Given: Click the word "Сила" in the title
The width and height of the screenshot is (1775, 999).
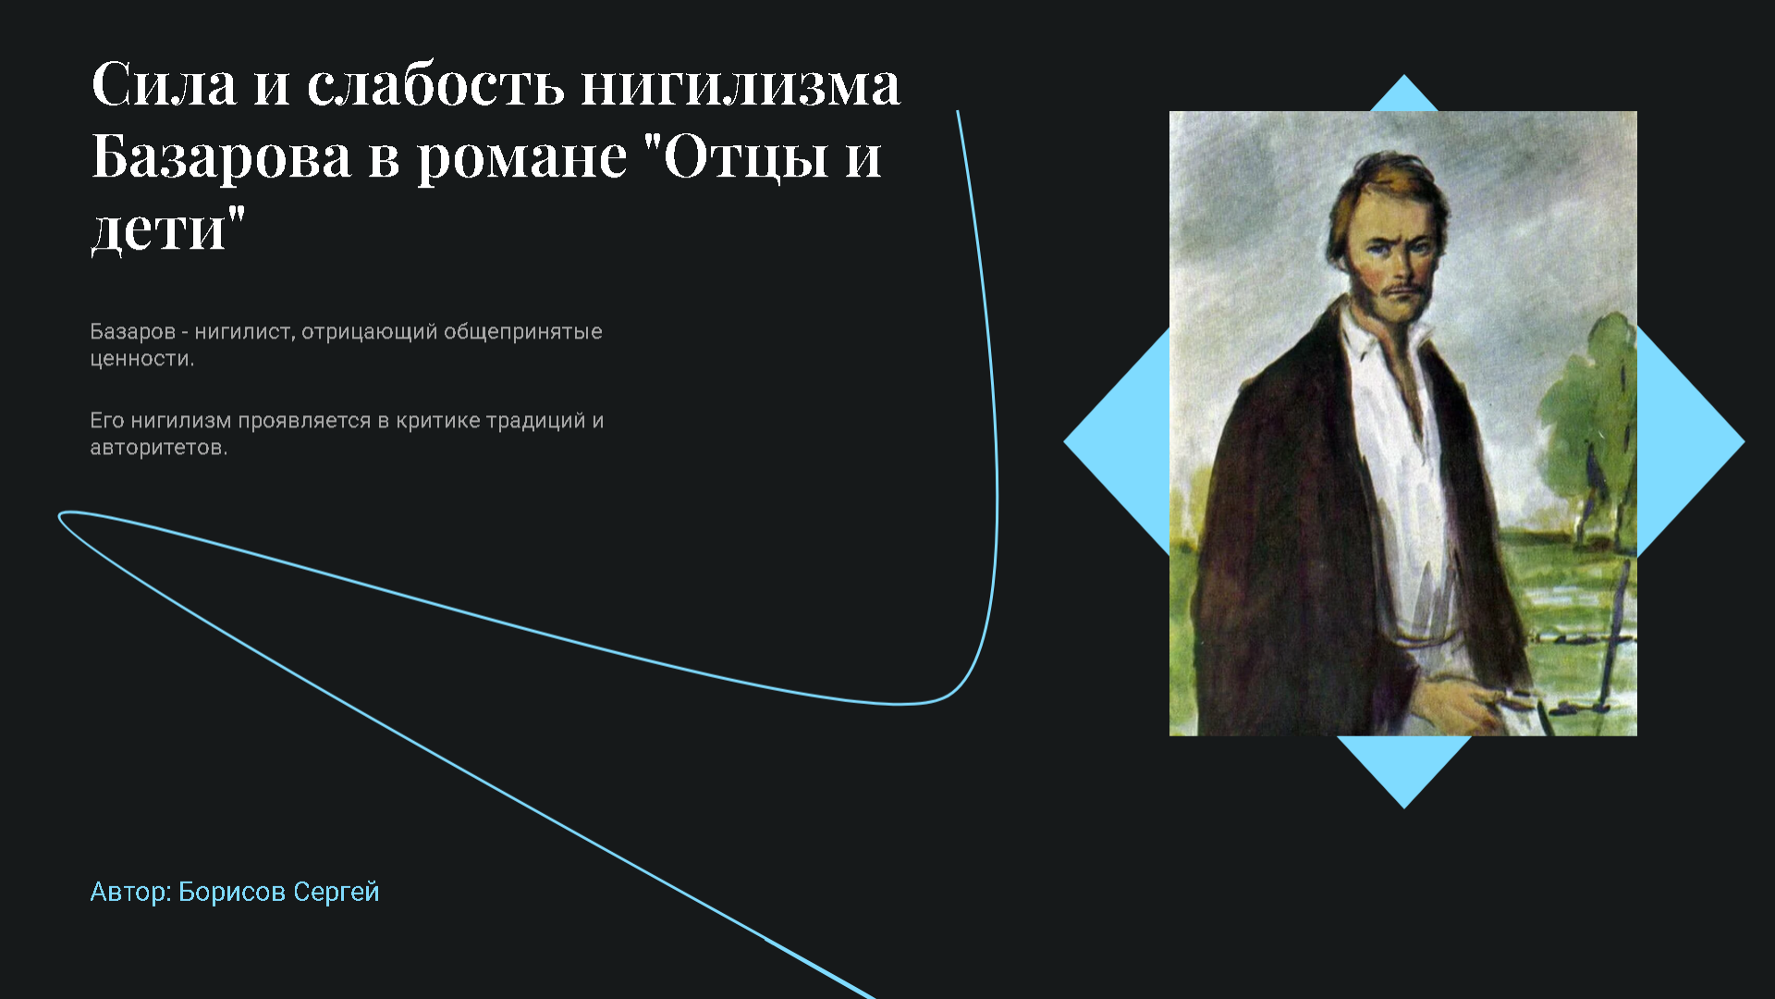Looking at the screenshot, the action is point(165,84).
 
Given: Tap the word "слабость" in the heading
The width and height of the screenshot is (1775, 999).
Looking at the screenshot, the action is point(435,84).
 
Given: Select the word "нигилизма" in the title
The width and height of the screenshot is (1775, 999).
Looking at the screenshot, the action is point(741,84).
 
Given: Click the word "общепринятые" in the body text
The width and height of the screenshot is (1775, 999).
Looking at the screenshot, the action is point(523,332).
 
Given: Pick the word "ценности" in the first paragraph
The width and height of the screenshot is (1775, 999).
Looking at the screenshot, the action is point(140,359).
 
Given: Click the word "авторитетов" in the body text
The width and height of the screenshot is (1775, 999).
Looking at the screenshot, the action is point(156,449).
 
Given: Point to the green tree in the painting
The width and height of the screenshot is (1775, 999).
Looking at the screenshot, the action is point(1585,416).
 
